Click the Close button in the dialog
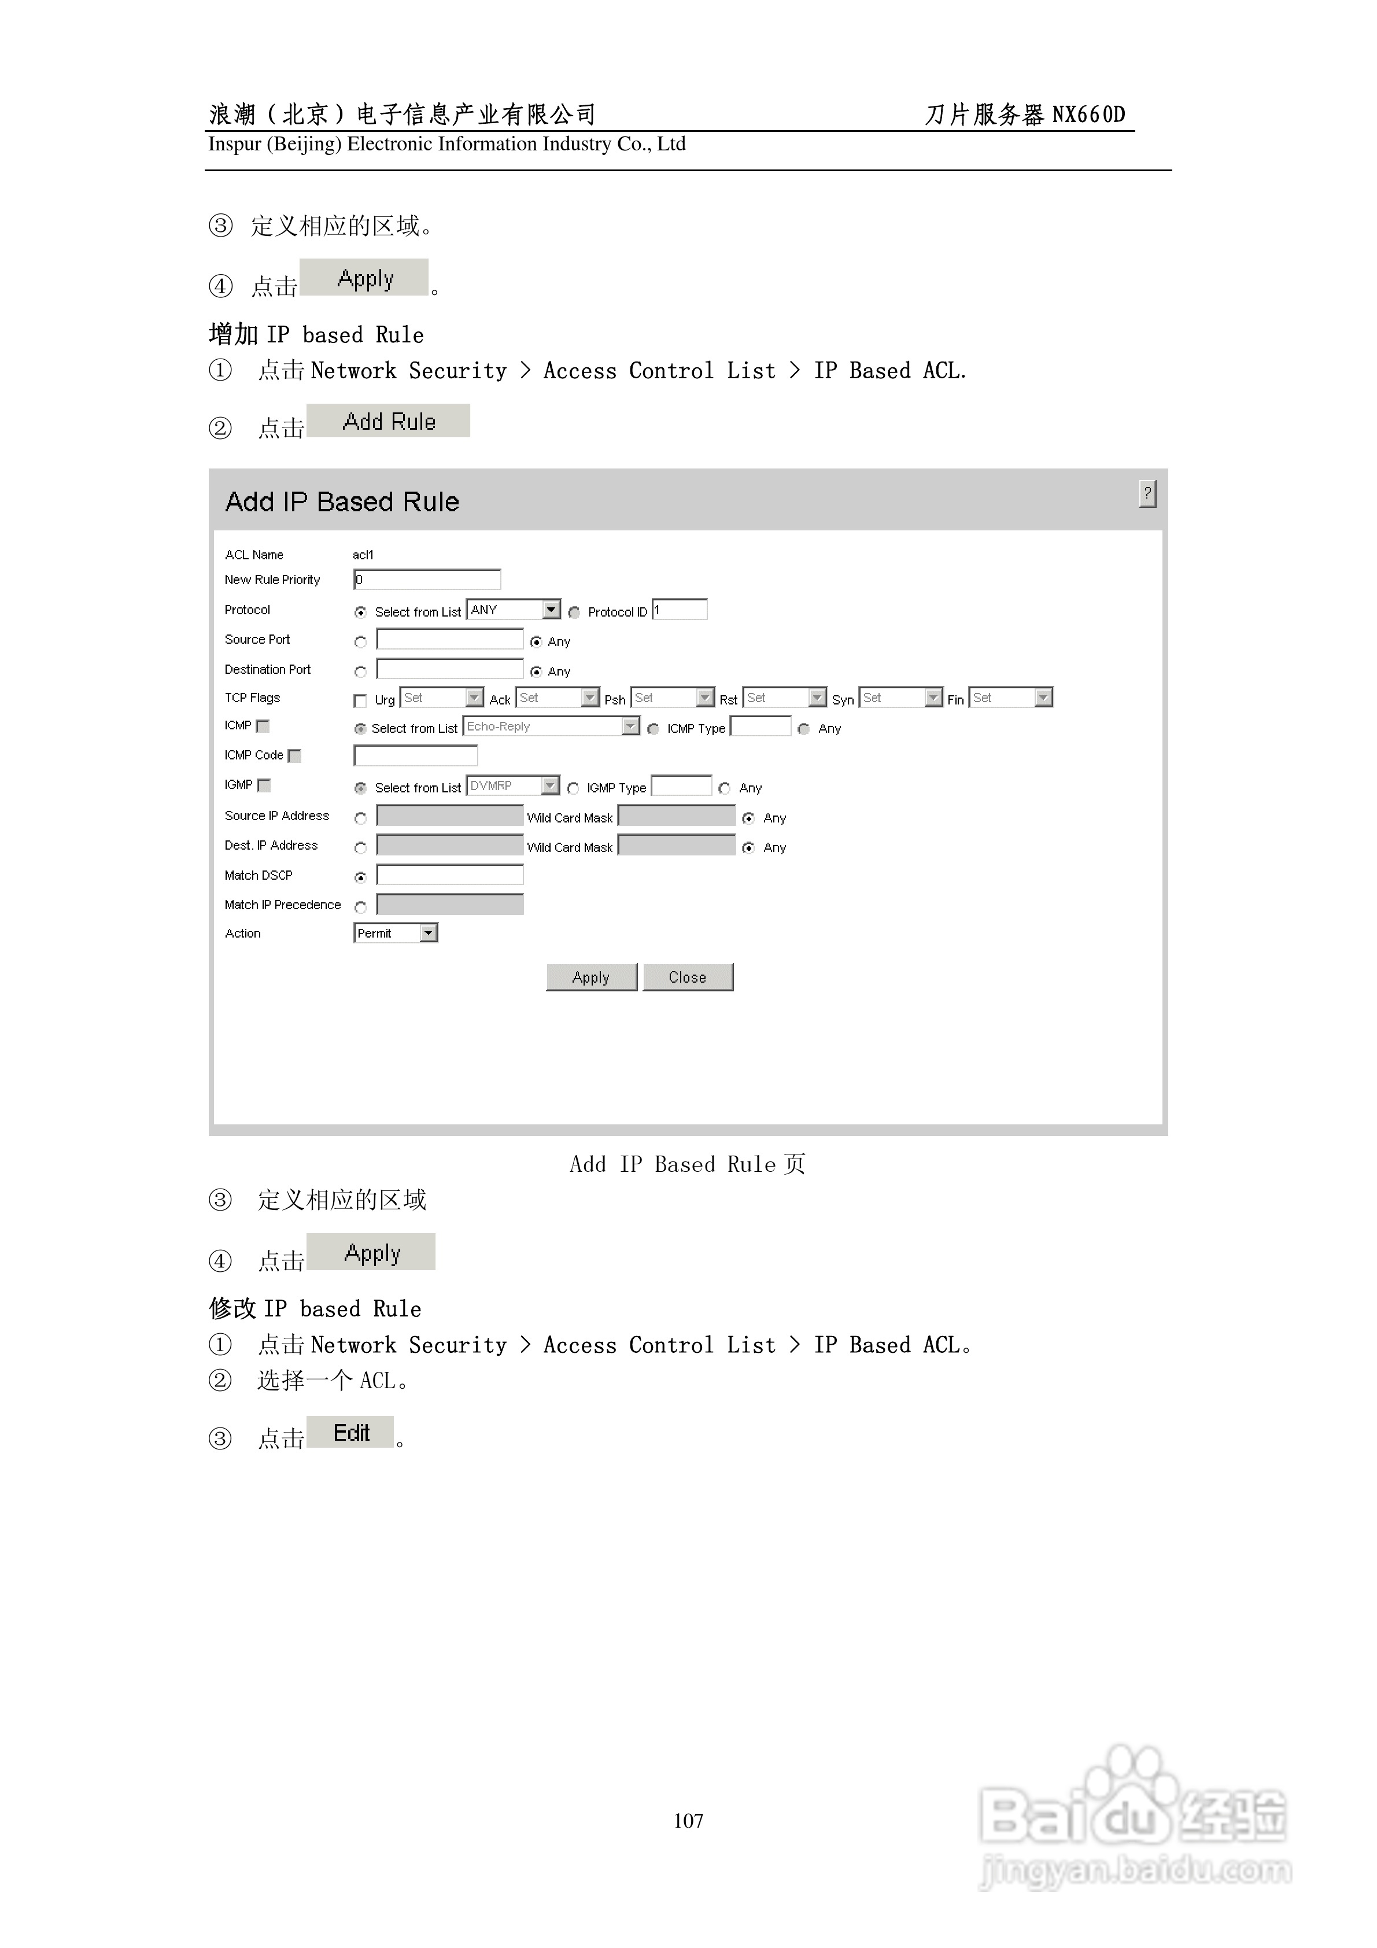click(x=687, y=977)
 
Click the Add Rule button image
click(x=389, y=422)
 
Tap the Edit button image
click(x=350, y=1433)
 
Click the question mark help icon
click(x=1147, y=494)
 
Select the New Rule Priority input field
click(x=427, y=580)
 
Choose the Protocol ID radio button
click(x=574, y=613)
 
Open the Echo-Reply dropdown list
click(x=552, y=726)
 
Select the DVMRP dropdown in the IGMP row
click(x=514, y=785)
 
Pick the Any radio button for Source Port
click(x=536, y=642)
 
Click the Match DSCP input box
click(x=450, y=875)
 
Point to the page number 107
click(x=688, y=1821)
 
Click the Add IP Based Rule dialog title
click(x=342, y=502)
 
